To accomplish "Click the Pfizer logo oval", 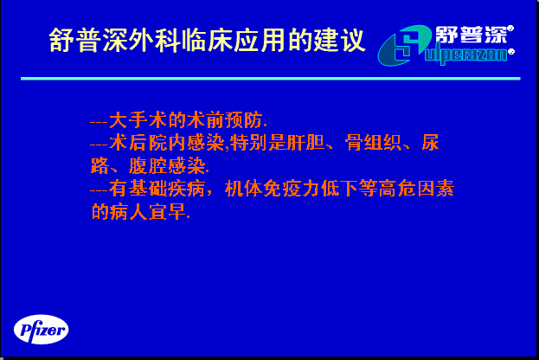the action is [x=42, y=330].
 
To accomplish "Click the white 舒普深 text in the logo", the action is [x=471, y=35].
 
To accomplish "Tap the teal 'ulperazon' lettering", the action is [x=465, y=55].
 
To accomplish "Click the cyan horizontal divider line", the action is [x=271, y=79].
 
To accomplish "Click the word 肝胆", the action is [x=306, y=143].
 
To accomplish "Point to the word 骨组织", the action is [x=373, y=143].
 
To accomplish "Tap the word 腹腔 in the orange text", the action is [x=148, y=166].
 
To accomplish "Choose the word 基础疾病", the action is [x=167, y=189].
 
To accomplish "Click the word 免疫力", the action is [x=292, y=189].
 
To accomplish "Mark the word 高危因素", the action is [x=416, y=189].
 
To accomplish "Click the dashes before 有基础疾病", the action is [x=99, y=190].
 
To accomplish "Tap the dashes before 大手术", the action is [x=99, y=122].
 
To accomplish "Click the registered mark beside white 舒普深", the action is [x=510, y=29].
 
